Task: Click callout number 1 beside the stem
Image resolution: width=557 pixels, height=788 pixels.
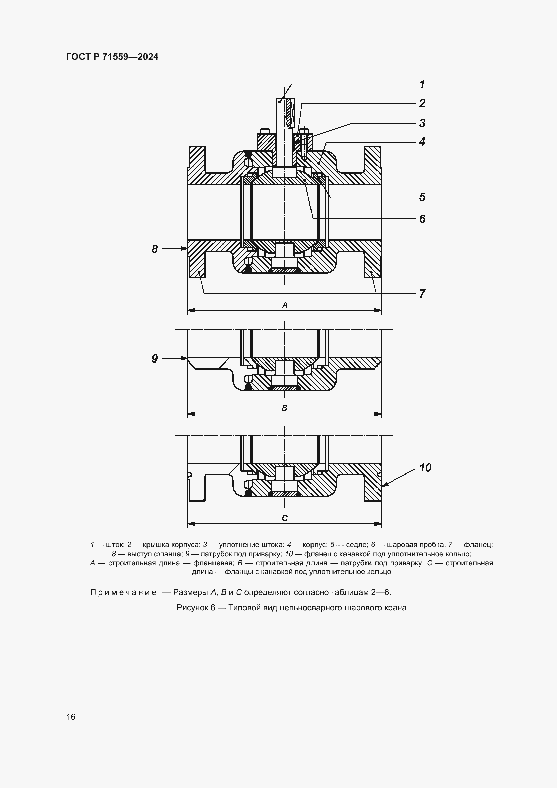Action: [x=422, y=84]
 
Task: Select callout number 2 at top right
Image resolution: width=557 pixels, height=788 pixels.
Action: [x=422, y=103]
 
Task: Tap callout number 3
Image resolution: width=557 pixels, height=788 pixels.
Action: [x=422, y=123]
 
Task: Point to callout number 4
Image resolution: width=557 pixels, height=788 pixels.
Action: [x=422, y=141]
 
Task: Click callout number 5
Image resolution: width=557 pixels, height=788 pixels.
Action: [x=422, y=197]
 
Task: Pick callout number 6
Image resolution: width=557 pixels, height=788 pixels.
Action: [x=422, y=219]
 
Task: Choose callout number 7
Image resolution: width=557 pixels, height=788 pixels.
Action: [x=422, y=294]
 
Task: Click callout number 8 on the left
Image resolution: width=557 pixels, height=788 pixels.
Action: [x=155, y=249]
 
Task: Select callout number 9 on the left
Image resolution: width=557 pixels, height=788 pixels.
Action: [x=155, y=359]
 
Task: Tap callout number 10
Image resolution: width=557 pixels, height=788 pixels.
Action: [x=425, y=468]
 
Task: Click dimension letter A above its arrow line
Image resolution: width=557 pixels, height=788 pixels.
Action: [x=284, y=305]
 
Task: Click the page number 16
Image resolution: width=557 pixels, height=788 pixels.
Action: [x=71, y=717]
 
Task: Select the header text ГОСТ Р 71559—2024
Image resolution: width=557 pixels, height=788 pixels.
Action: [x=112, y=57]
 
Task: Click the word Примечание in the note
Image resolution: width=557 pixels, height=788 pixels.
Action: [x=123, y=592]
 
